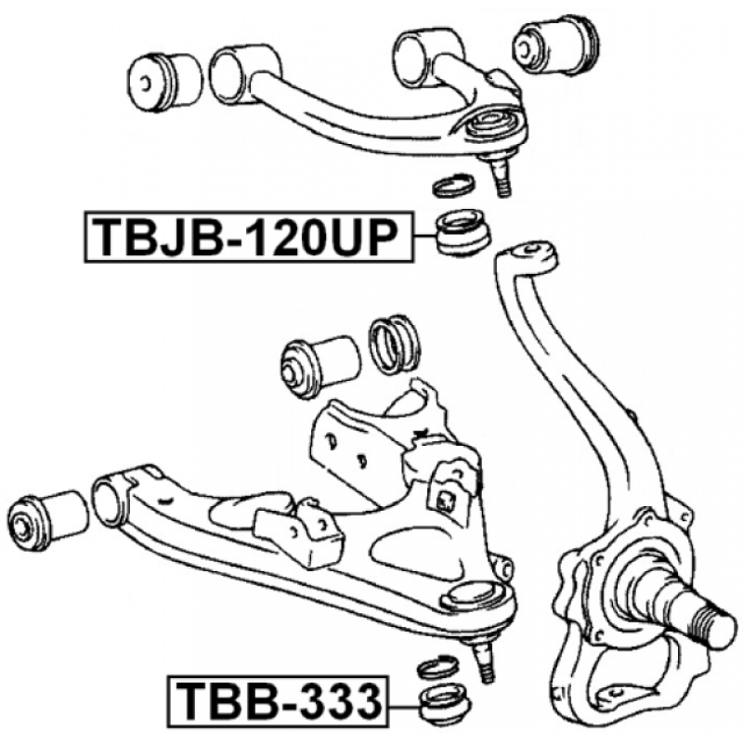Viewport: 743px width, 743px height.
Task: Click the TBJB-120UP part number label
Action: pyautogui.click(x=248, y=237)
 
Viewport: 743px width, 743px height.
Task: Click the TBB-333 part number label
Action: pyautogui.click(x=278, y=701)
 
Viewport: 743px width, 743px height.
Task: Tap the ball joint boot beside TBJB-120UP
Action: pyautogui.click(x=463, y=232)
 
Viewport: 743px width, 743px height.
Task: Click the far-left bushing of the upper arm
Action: pyautogui.click(x=164, y=83)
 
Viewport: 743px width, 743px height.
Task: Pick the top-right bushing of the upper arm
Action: pyautogui.click(x=555, y=44)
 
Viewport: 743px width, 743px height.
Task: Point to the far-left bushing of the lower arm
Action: pyautogui.click(x=47, y=521)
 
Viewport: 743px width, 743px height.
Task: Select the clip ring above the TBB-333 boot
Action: pyautogui.click(x=437, y=668)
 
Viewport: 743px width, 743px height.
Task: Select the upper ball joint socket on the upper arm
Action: pyautogui.click(x=493, y=124)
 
